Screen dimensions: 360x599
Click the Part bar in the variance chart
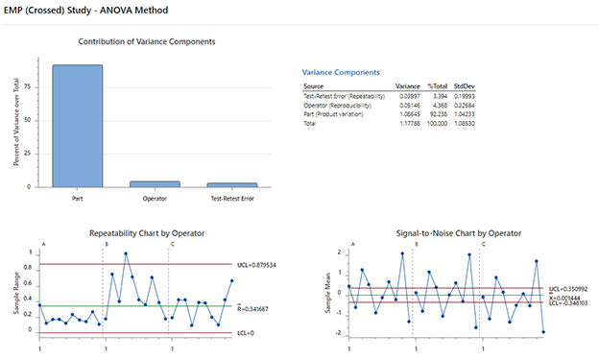click(78, 126)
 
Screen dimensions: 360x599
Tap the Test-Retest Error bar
click(233, 184)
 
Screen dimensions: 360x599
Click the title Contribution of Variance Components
click(145, 42)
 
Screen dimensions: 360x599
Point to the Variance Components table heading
click(341, 73)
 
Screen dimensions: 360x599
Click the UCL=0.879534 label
click(258, 264)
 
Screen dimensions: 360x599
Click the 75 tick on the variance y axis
click(31, 87)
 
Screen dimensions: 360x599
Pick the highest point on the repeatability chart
click(126, 254)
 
